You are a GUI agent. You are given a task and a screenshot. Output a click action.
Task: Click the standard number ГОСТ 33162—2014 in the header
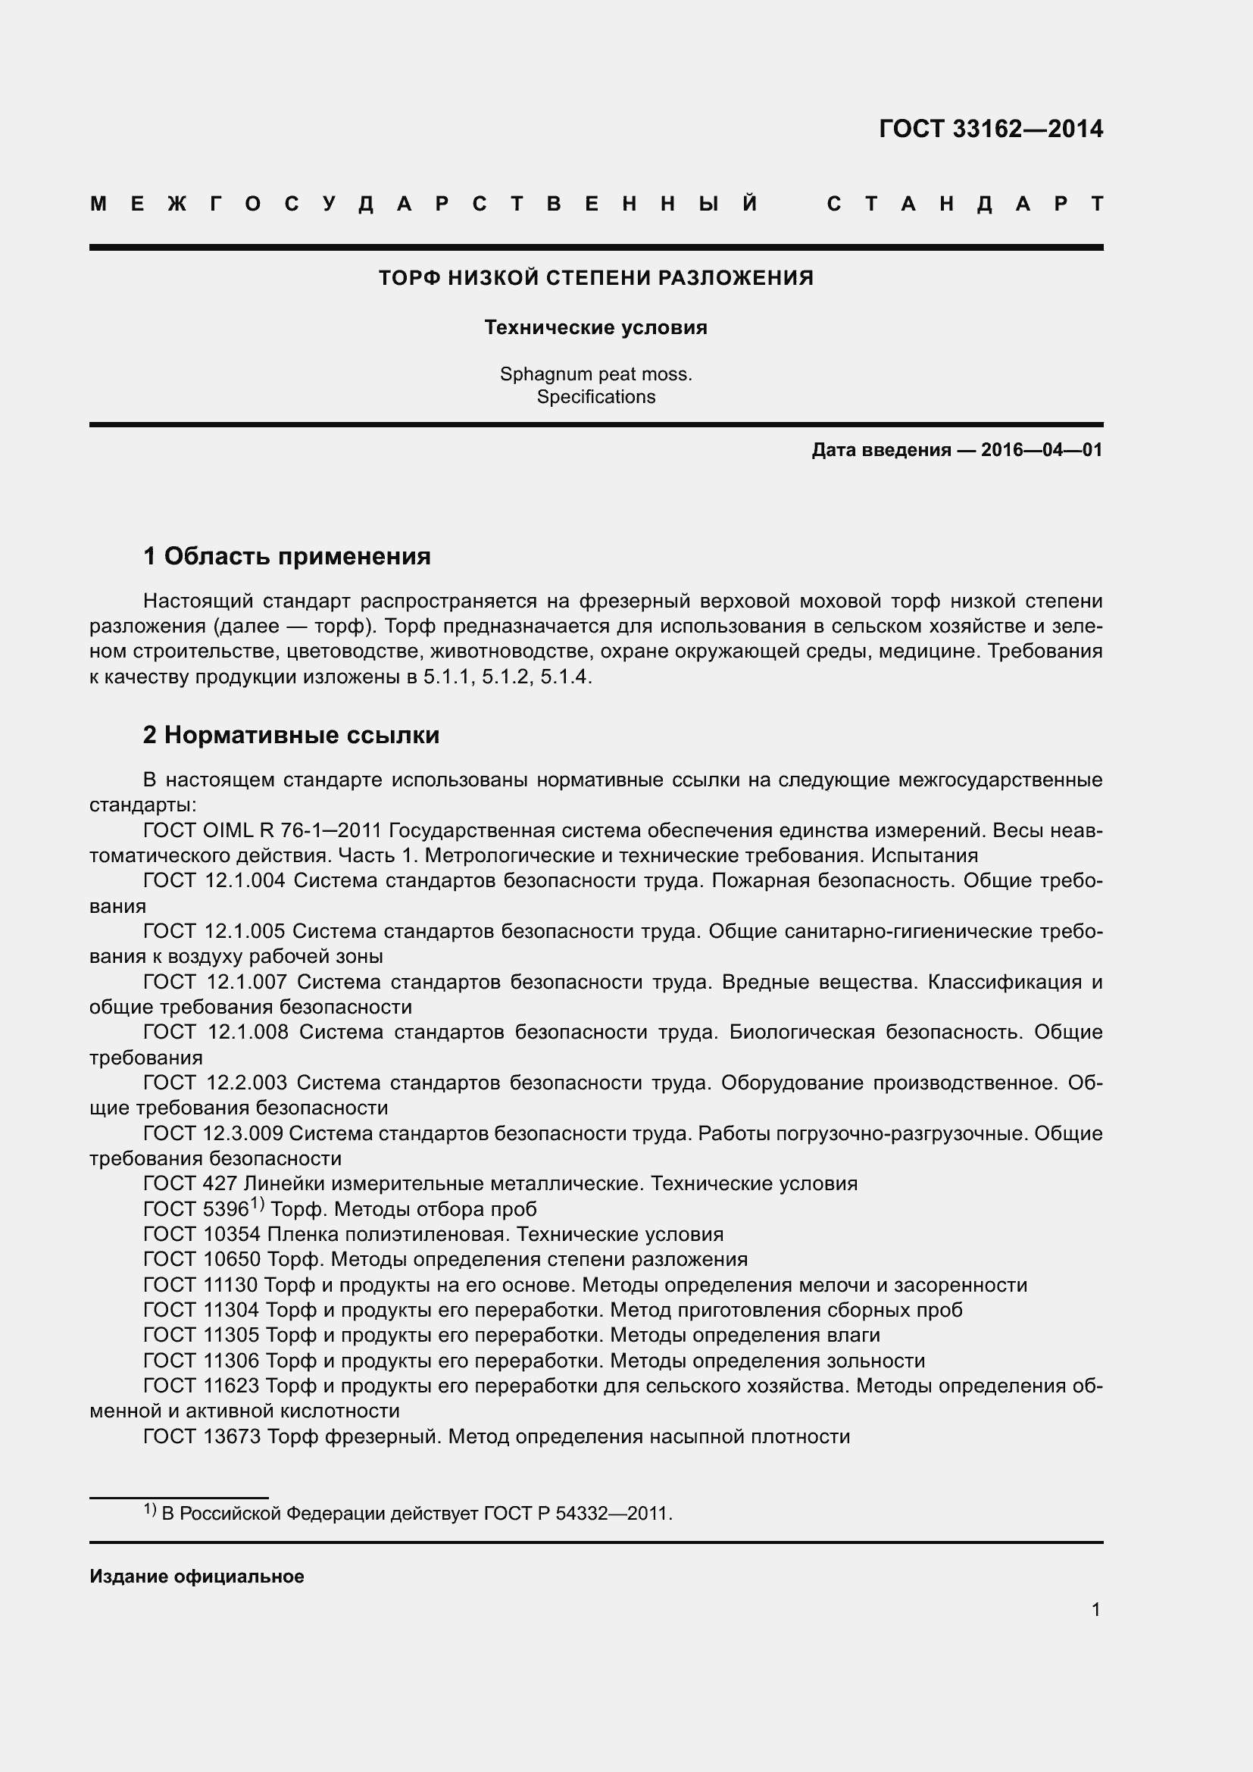coord(991,129)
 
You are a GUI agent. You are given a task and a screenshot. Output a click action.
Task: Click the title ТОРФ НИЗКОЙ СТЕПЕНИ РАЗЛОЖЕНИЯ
coord(595,278)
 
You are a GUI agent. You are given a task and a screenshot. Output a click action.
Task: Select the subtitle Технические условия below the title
coord(595,328)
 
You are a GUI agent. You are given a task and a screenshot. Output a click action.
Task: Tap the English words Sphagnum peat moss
coord(595,374)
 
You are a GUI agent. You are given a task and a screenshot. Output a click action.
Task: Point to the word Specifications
coord(595,397)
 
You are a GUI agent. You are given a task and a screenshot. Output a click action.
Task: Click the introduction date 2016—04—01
coord(1042,450)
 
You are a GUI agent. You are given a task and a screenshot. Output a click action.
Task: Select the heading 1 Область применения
coord(287,555)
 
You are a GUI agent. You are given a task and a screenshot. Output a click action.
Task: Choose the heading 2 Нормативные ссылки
coord(291,735)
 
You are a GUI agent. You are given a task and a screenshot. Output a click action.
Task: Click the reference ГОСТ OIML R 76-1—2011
coord(262,831)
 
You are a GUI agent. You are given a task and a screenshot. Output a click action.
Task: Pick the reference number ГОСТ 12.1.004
coord(214,881)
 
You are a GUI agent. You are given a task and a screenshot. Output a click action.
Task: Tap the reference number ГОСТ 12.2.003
coord(214,1083)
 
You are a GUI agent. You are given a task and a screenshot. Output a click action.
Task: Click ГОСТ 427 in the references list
coord(191,1184)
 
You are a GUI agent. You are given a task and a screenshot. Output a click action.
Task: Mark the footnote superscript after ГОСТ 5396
coord(258,1204)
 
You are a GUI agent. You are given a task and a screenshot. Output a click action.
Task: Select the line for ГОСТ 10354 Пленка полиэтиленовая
coord(433,1234)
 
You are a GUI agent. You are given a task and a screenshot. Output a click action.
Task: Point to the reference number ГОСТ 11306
coord(202,1361)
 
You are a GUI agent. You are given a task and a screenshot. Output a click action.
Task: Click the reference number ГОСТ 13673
coord(202,1436)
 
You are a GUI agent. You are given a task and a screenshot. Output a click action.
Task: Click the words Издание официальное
coord(197,1577)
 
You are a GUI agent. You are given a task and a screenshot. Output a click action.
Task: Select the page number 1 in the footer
coord(1095,1610)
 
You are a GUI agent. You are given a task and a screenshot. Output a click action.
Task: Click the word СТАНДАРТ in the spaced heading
coord(965,205)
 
